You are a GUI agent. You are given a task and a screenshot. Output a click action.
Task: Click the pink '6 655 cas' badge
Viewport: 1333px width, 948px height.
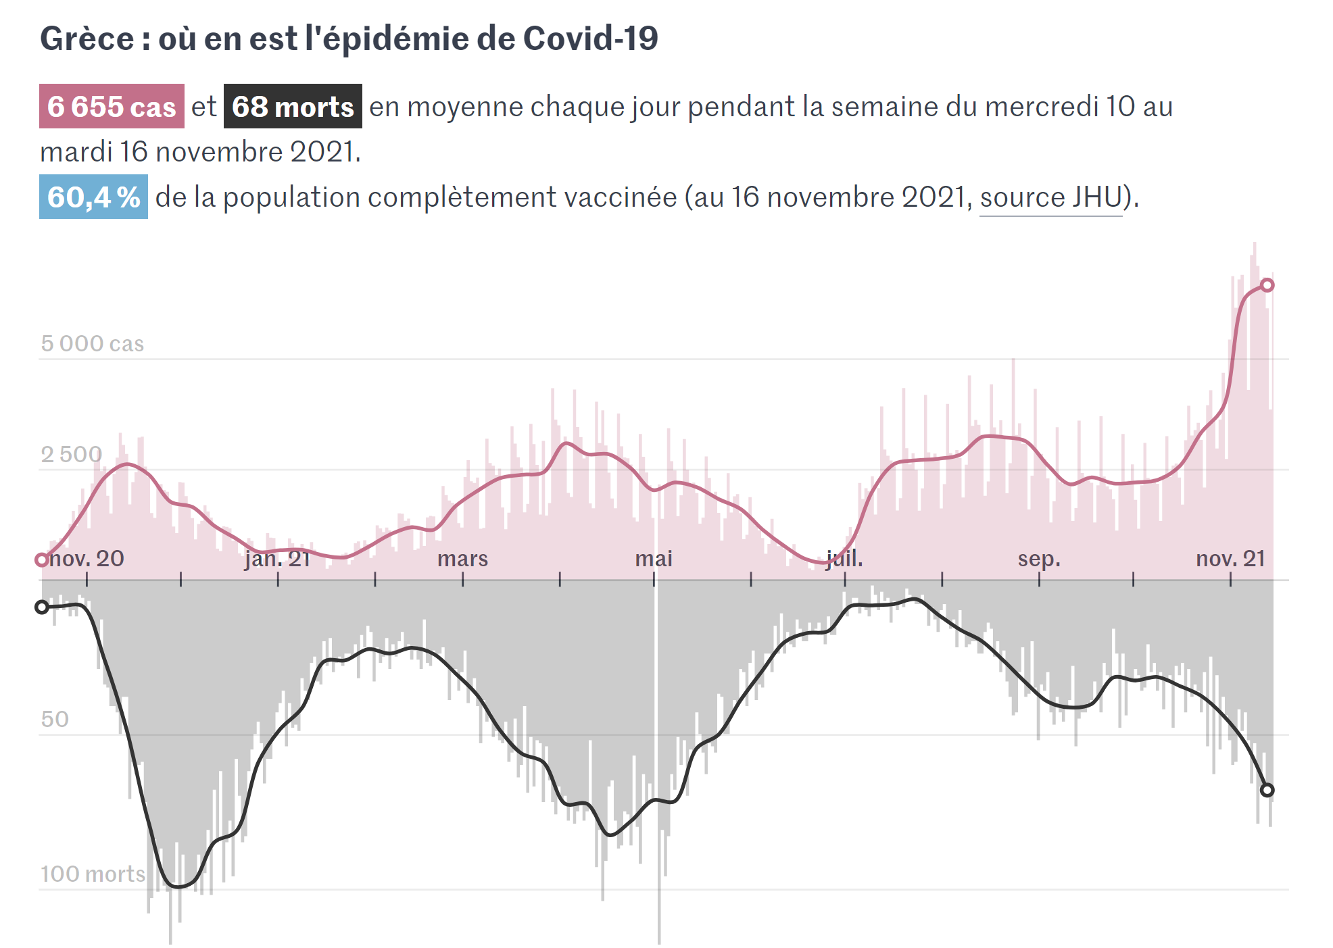click(x=112, y=107)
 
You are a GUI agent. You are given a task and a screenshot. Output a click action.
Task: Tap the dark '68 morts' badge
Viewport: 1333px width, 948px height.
click(x=293, y=107)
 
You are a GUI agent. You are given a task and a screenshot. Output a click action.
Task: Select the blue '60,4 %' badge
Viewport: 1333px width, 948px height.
click(x=93, y=197)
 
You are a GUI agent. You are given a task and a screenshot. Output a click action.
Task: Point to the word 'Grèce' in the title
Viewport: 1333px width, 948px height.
click(x=87, y=39)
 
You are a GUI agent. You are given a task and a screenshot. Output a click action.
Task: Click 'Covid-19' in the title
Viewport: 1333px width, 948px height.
click(x=590, y=39)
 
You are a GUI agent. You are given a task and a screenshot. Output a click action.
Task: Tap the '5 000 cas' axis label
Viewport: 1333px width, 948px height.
click(x=92, y=344)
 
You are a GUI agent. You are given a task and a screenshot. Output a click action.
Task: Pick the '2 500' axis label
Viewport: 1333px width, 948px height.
click(x=71, y=455)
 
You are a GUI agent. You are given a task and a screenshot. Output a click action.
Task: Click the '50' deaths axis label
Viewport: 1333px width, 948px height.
click(x=55, y=720)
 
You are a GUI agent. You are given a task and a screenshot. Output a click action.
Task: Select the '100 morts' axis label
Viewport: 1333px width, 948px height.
click(x=93, y=874)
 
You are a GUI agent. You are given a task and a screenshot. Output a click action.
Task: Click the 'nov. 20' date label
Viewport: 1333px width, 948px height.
click(x=87, y=559)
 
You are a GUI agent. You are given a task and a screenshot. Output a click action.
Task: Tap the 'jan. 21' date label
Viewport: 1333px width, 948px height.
click(x=277, y=559)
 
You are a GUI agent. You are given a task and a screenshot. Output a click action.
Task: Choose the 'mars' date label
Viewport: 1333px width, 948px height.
click(x=462, y=559)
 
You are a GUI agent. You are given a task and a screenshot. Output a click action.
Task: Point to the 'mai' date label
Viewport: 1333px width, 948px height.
click(x=654, y=559)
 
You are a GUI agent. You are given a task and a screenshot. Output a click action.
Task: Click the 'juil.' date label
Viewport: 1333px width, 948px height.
click(x=844, y=559)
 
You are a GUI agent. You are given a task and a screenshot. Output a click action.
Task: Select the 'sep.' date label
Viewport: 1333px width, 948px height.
click(x=1039, y=559)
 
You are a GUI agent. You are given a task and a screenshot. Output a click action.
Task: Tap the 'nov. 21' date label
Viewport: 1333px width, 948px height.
click(x=1230, y=559)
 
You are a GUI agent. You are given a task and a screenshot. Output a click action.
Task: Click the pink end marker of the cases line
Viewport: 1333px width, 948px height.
click(x=1267, y=285)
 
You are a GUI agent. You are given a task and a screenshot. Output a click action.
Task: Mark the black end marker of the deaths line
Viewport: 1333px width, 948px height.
click(x=1267, y=790)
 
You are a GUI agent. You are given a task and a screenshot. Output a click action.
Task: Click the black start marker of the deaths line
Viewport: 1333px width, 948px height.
click(x=42, y=607)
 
